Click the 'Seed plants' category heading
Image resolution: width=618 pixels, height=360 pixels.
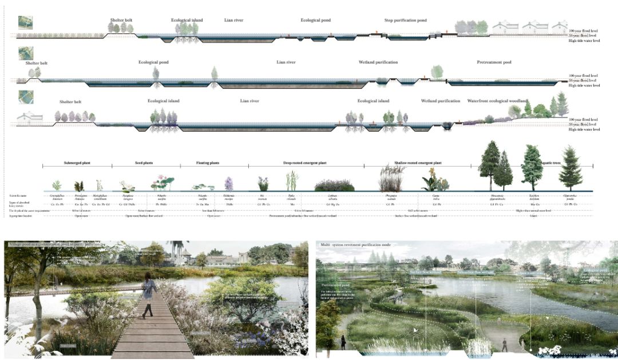[144, 163]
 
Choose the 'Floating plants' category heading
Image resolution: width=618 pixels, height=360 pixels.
[208, 163]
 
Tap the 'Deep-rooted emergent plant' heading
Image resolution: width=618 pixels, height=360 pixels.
[305, 163]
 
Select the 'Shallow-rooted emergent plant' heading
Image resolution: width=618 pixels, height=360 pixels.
[417, 163]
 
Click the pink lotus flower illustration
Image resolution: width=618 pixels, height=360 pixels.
[161, 183]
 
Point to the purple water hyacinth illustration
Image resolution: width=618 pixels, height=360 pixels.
[229, 183]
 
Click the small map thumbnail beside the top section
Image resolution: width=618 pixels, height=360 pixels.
[25, 22]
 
